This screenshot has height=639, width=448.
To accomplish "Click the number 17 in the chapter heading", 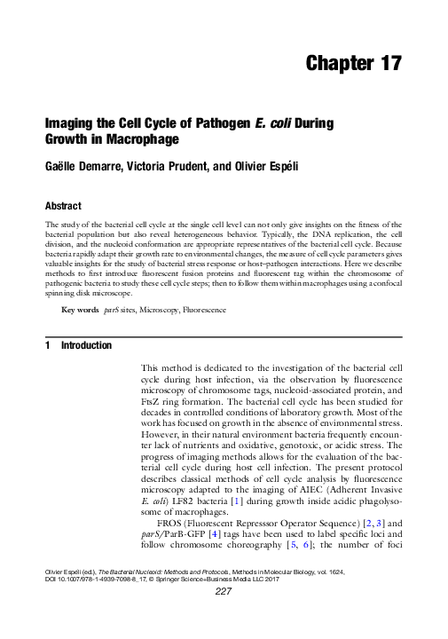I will tap(389, 63).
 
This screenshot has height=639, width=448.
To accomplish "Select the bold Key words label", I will tap(79, 311).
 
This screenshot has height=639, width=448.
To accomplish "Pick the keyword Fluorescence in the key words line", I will tap(205, 311).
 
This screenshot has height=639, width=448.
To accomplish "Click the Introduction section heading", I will tap(86, 345).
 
